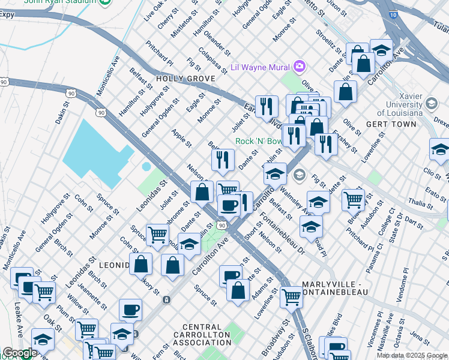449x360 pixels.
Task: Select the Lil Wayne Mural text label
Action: point(261,67)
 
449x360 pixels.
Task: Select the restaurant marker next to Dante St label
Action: point(223,159)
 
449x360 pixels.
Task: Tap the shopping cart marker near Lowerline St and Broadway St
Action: point(292,295)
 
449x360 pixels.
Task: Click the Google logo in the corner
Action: point(19,353)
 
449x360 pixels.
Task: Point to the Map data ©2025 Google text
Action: point(412,355)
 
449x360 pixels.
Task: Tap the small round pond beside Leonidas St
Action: point(146,166)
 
